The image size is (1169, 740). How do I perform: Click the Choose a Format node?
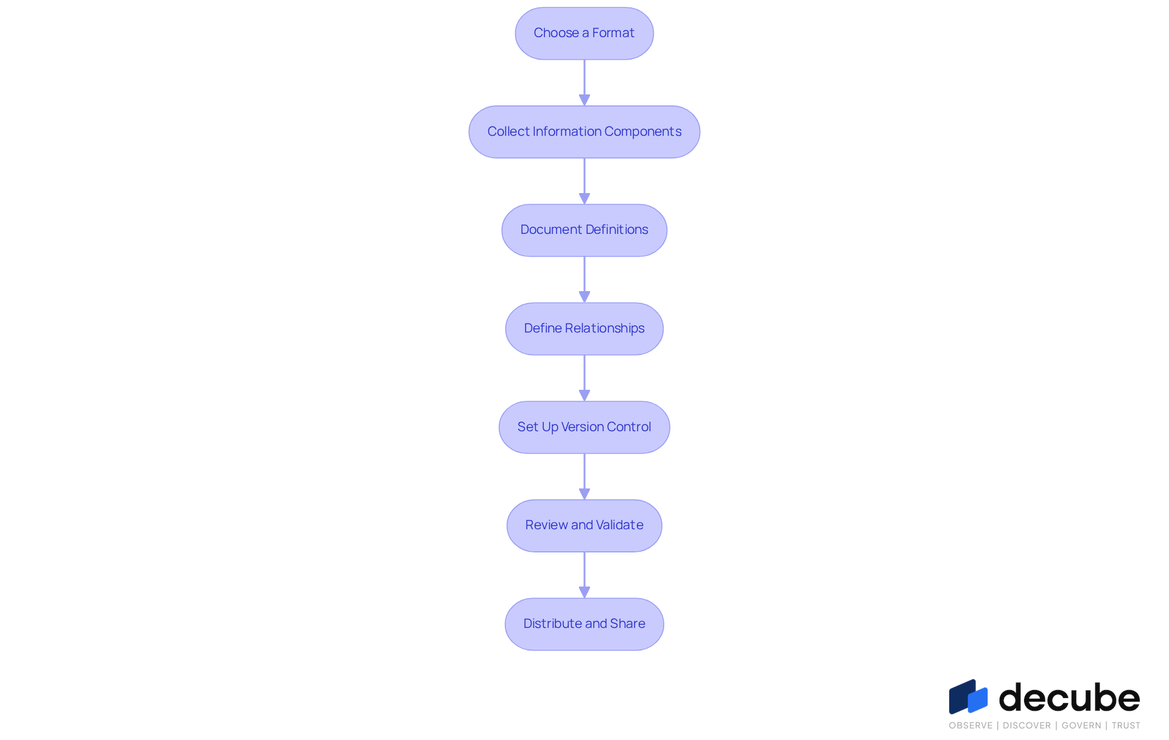coord(584,33)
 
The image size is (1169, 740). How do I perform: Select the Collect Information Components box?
coord(584,132)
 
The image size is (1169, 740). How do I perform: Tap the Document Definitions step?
coord(584,230)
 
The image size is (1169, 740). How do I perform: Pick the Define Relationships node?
coord(584,329)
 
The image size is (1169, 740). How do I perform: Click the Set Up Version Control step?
coord(584,427)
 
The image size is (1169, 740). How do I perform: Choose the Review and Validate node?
coord(584,526)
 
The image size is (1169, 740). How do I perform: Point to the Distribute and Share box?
coord(584,624)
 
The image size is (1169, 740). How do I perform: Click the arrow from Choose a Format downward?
coord(584,83)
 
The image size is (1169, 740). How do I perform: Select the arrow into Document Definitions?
coord(584,181)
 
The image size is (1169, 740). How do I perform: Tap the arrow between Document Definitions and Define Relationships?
coord(584,280)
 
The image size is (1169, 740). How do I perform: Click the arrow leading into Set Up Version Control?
coord(584,378)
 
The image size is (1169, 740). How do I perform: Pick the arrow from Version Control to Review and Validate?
coord(584,477)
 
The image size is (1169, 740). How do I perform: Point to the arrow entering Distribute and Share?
coord(584,575)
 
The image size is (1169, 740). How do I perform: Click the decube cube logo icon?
coord(968,696)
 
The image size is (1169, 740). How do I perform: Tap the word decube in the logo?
coord(1070,697)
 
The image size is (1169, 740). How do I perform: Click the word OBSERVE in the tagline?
coord(971,725)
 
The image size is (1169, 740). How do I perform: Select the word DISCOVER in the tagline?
coord(1027,725)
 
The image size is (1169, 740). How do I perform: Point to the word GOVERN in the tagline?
coord(1081,725)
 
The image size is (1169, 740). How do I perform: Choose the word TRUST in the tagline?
coord(1126,725)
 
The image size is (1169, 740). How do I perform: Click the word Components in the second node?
coord(643,132)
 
